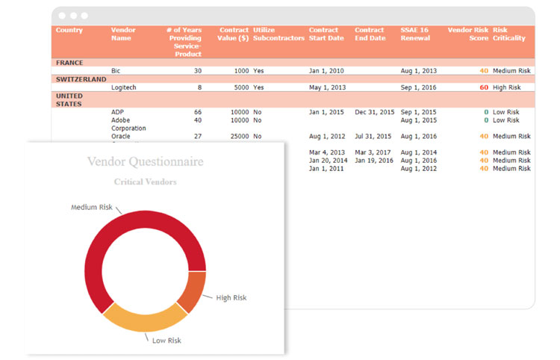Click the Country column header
[69, 31]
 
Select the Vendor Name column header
[123, 34]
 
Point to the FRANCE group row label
[69, 63]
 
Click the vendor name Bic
[116, 71]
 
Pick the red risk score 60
[484, 87]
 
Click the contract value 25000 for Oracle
[240, 137]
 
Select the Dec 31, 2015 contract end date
[374, 112]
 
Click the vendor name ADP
[118, 112]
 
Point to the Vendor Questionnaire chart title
[145, 161]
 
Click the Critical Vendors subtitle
[145, 181]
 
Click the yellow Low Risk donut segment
[142, 317]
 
